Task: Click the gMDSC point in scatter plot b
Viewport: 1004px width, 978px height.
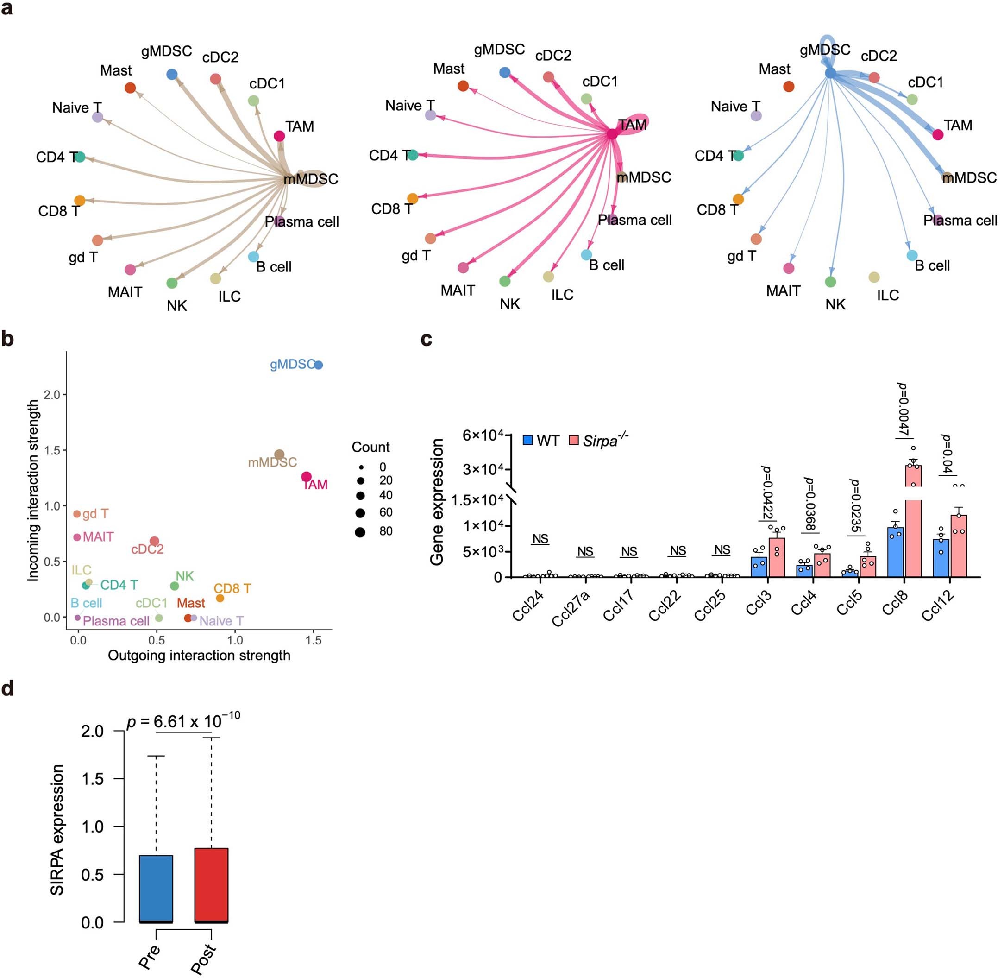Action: tap(319, 365)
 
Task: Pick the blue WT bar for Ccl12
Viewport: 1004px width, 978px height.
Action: tap(941, 558)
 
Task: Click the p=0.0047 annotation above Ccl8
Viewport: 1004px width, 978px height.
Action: tap(902, 410)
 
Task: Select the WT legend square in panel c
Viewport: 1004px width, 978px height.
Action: tap(527, 440)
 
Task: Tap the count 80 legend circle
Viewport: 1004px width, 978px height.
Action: tap(360, 532)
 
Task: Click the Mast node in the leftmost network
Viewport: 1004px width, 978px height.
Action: tap(130, 88)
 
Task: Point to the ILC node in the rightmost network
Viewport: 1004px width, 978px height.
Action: tap(874, 278)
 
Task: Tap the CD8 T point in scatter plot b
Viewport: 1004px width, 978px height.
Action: tap(220, 599)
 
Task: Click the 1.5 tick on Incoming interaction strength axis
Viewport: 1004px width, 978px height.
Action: tap(52, 450)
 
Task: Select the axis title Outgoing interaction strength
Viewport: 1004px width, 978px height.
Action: tap(199, 656)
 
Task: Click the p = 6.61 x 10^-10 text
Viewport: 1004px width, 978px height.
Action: tap(183, 721)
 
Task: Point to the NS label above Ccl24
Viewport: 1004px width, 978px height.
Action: tap(540, 539)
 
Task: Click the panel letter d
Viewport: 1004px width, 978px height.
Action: tap(7, 688)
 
